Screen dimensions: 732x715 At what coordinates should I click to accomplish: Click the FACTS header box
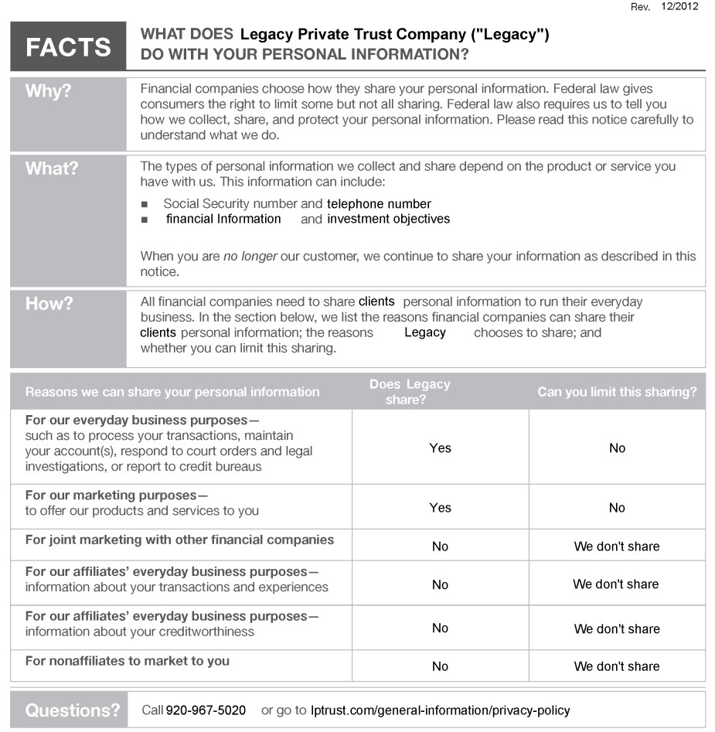click(x=68, y=46)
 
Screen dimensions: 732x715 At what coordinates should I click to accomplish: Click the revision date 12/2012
click(x=680, y=7)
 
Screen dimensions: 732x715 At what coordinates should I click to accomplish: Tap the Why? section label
click(x=48, y=91)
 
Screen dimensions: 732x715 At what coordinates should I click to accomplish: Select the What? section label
click(x=52, y=169)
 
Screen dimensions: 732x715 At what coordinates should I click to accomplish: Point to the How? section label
click(x=49, y=304)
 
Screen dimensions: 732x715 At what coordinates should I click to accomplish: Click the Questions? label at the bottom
click(x=73, y=710)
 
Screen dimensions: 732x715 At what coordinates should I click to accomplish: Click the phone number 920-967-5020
click(x=206, y=710)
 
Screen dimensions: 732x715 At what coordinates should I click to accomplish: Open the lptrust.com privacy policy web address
click(x=440, y=710)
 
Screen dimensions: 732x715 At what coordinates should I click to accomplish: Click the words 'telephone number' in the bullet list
click(x=379, y=204)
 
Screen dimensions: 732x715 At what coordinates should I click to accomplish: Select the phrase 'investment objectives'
click(x=388, y=219)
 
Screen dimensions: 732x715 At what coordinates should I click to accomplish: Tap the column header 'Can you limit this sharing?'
click(x=617, y=392)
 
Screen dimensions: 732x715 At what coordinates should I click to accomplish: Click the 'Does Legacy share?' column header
click(x=409, y=392)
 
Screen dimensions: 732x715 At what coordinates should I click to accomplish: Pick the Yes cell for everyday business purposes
click(x=440, y=448)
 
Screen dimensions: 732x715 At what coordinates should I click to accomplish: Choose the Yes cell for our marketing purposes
click(x=440, y=508)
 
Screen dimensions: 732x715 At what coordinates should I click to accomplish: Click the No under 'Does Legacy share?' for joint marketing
click(x=440, y=546)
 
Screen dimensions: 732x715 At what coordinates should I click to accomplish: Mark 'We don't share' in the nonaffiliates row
click(x=617, y=666)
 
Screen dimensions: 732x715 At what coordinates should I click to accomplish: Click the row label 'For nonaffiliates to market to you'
click(x=128, y=661)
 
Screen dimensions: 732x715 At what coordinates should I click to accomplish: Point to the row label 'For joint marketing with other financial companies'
click(x=179, y=540)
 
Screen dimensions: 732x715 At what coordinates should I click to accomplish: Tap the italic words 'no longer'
click(x=250, y=256)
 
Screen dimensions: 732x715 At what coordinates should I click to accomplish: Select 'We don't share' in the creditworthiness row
click(x=617, y=629)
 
